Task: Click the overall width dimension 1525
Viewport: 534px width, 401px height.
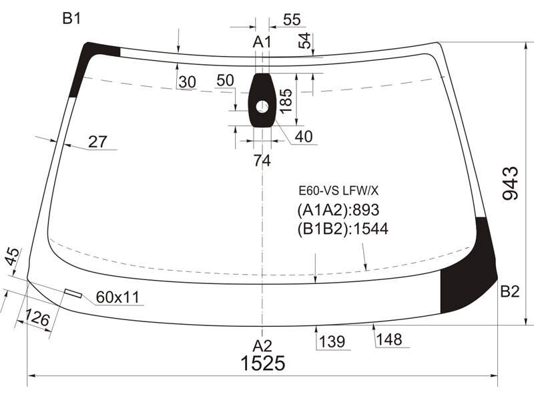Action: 262,363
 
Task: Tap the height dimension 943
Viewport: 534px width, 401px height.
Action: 511,183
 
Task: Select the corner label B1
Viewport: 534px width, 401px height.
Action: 71,19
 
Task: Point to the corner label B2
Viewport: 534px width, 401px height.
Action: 510,292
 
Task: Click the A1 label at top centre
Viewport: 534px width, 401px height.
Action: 262,42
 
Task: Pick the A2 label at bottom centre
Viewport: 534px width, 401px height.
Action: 262,346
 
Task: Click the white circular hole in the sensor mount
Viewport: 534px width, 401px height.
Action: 262,107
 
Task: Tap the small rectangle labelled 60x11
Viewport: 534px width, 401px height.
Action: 73,293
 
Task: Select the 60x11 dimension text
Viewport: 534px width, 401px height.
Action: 118,297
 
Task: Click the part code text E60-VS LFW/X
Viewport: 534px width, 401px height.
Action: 338,191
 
